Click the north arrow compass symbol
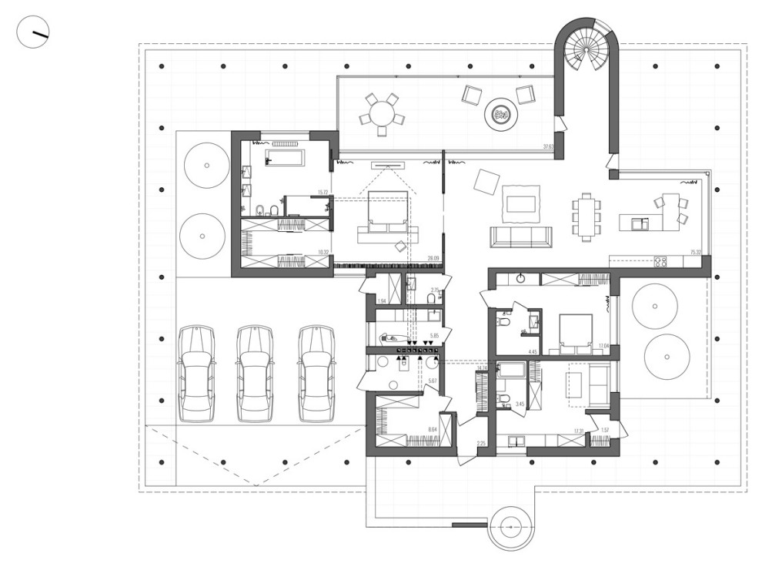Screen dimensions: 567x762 tap(34, 34)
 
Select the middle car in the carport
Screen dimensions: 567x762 tap(255, 373)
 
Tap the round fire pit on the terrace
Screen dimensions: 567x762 tap(500, 116)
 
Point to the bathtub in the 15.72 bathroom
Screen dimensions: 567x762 tap(284, 158)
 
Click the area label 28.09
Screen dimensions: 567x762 tap(433, 259)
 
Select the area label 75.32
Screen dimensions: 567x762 tap(695, 251)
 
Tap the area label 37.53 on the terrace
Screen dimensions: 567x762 tap(548, 146)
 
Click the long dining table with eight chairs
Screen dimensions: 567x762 tap(588, 216)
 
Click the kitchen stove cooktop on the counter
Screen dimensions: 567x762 tap(660, 261)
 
